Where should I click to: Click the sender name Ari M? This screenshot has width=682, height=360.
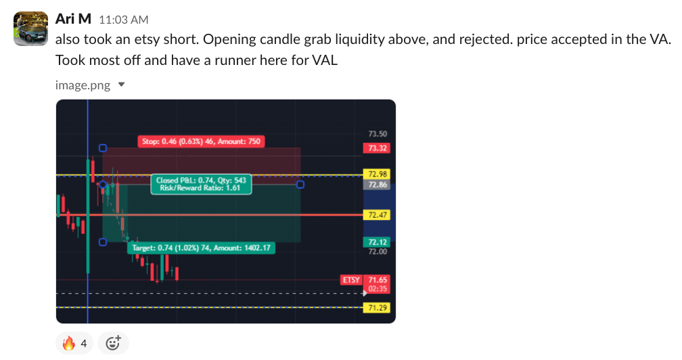(x=73, y=19)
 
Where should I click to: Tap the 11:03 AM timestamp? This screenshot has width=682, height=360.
(x=124, y=20)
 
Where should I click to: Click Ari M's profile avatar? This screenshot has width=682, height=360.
(x=30, y=28)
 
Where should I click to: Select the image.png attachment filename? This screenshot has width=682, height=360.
(x=83, y=85)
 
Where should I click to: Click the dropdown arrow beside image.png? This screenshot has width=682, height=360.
(x=121, y=85)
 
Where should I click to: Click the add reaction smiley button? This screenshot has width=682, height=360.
(x=113, y=344)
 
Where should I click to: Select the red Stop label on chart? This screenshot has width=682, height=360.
(x=201, y=141)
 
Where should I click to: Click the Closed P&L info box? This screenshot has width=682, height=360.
(x=201, y=184)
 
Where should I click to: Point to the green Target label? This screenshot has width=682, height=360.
(x=201, y=248)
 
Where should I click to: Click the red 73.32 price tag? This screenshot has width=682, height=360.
(x=377, y=148)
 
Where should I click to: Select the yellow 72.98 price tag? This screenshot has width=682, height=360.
(x=377, y=174)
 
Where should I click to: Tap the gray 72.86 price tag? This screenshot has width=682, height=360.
(x=377, y=184)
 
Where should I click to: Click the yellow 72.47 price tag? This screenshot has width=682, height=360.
(x=377, y=215)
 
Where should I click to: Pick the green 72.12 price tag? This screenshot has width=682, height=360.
(x=377, y=242)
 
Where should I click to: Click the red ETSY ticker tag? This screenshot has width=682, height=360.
(x=351, y=279)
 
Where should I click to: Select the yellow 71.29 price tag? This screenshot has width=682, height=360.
(x=377, y=308)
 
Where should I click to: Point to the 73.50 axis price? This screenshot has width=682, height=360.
(x=378, y=134)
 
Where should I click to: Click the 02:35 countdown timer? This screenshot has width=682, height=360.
(x=377, y=289)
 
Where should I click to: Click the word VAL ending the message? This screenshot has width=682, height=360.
(x=325, y=60)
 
